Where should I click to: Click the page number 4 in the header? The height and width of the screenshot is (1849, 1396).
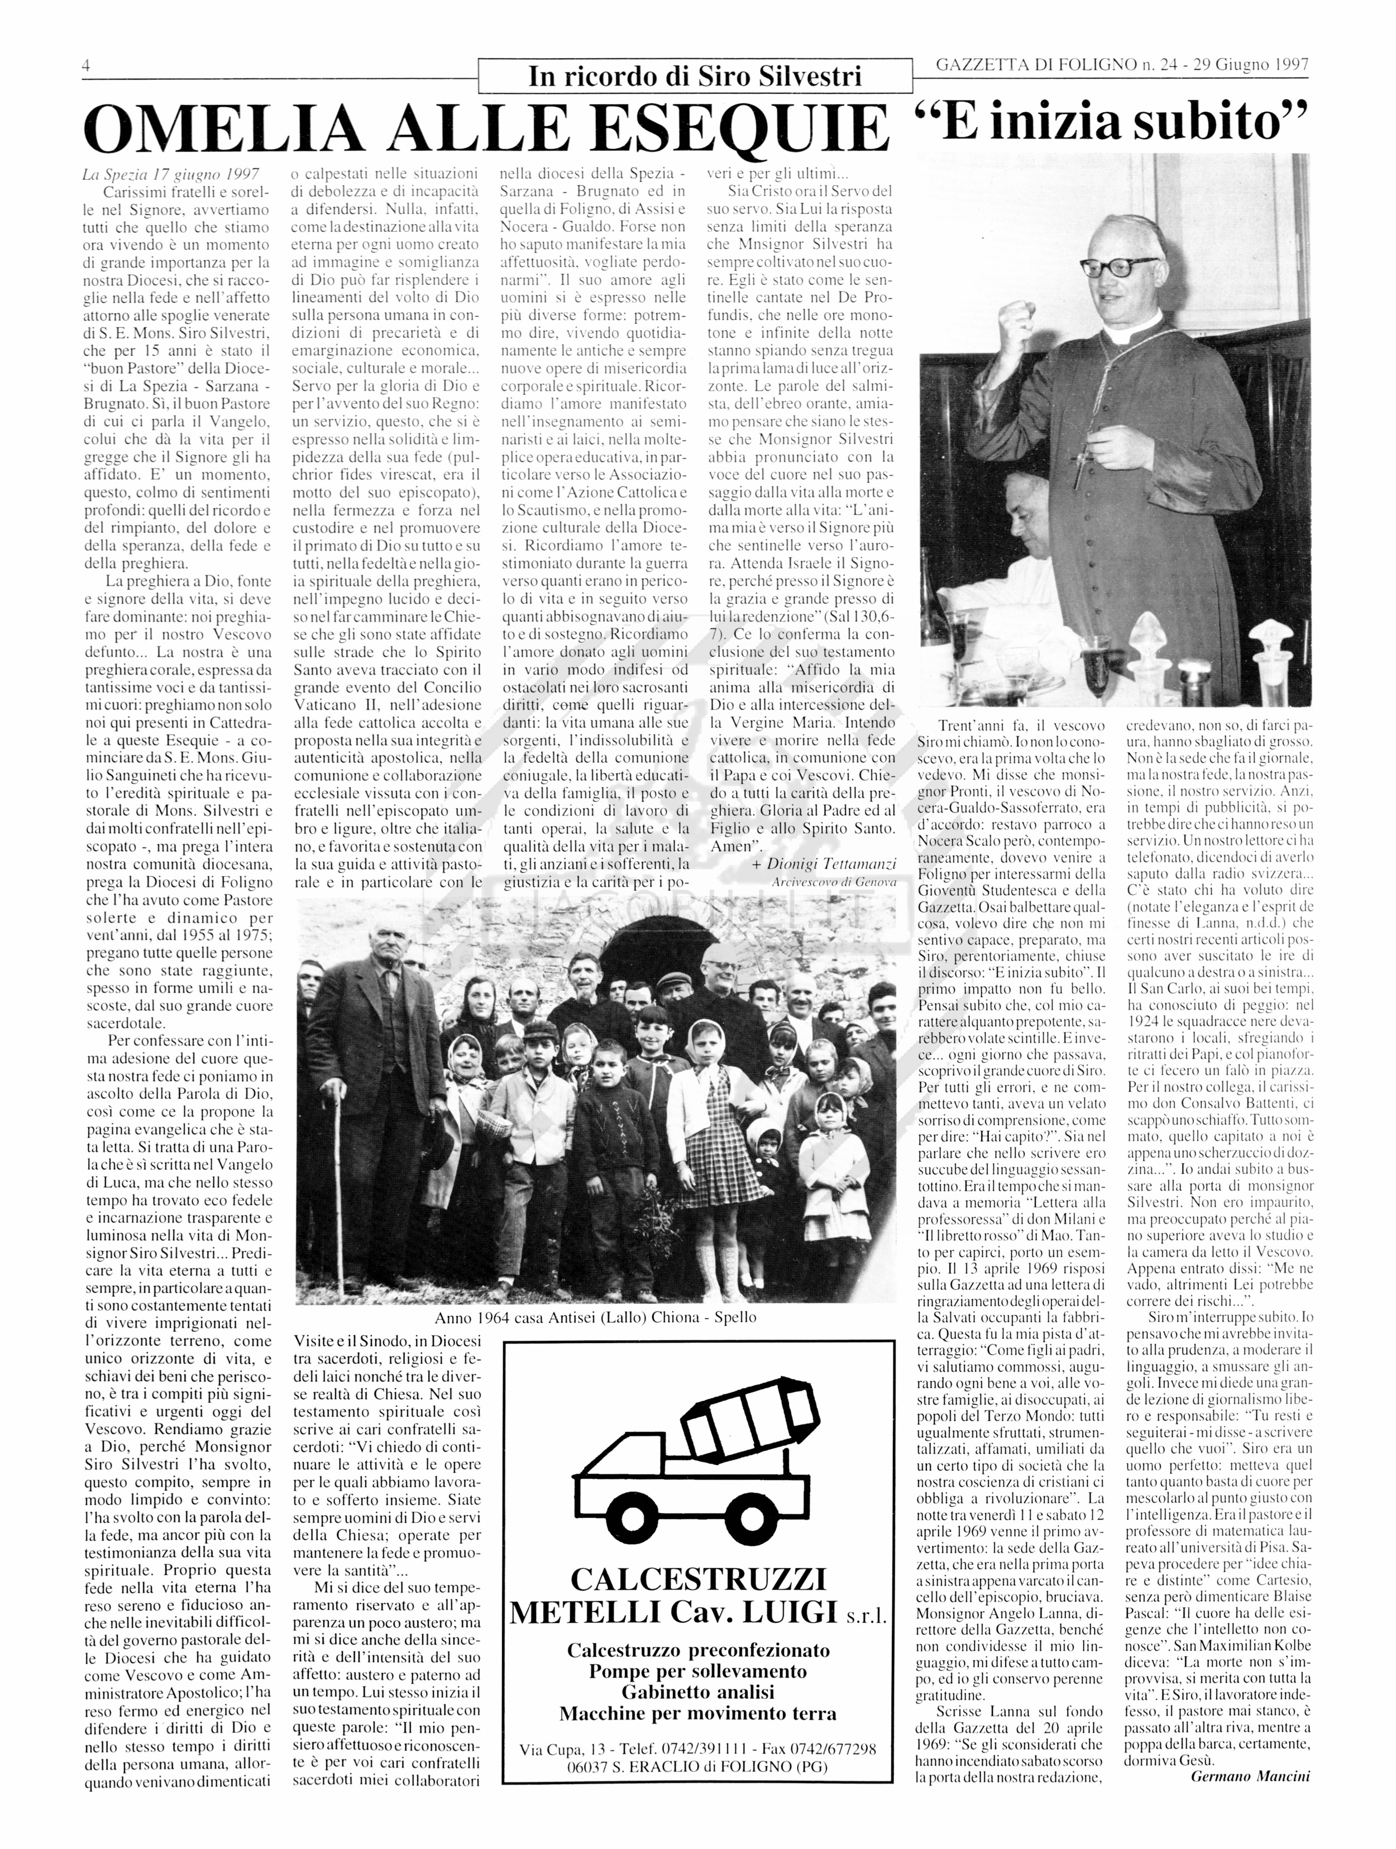click(x=86, y=66)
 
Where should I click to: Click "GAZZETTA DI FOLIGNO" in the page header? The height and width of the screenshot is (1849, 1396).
click(x=1030, y=65)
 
